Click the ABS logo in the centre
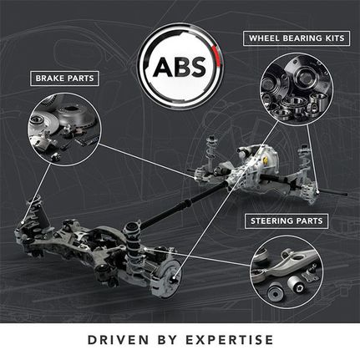180,66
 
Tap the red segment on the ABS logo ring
215,56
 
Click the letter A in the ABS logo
163,67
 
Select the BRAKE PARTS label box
64,79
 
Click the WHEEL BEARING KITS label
297,38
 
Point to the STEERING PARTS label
286,221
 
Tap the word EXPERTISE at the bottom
230,340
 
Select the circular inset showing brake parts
64,129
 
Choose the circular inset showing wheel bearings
297,89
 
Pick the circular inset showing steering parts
286,272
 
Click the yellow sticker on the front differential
266,160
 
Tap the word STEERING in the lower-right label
271,221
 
